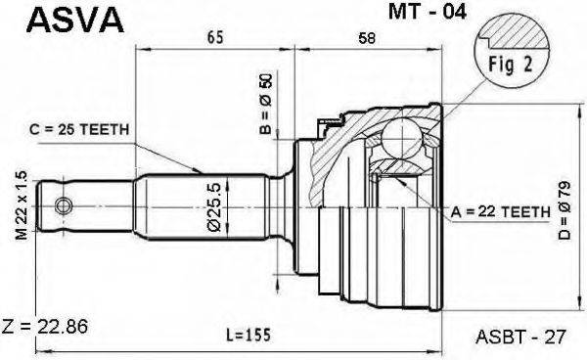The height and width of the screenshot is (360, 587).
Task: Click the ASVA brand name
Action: pos(75,20)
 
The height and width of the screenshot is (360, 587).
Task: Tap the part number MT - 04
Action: pos(428,12)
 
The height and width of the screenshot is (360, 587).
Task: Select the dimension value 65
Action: pos(215,38)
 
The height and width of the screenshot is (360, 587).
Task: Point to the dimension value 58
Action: pos(367,38)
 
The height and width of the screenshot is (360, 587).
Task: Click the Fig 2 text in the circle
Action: pos(511,65)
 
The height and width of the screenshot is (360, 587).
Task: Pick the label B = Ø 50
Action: pos(267,104)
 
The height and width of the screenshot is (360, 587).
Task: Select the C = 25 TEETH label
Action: pos(79,129)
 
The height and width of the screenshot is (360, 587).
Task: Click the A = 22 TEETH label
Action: pos(501,212)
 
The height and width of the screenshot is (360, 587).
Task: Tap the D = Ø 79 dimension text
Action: pos(564,210)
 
